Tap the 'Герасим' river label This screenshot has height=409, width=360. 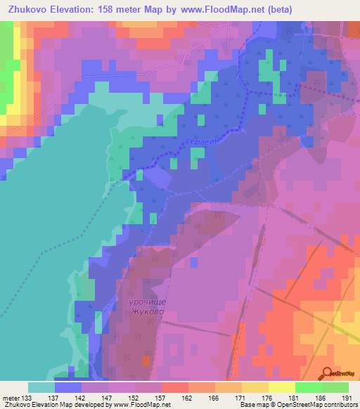pos(202,142)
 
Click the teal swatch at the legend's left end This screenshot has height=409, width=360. pos(41,387)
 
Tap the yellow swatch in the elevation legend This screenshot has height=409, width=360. pos(281,387)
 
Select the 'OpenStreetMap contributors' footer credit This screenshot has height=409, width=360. pos(316,405)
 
